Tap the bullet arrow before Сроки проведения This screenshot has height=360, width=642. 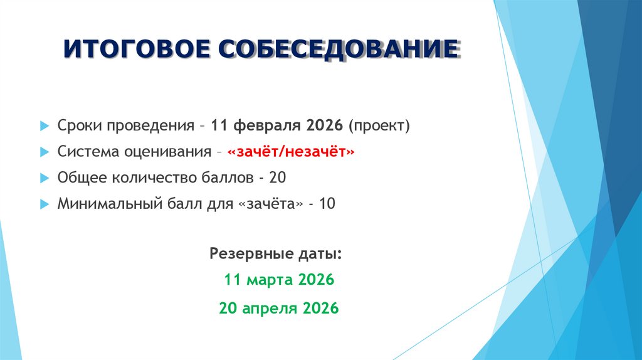pyautogui.click(x=43, y=126)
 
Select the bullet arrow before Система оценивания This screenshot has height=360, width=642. pyautogui.click(x=43, y=152)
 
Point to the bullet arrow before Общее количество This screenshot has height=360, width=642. pyautogui.click(x=43, y=178)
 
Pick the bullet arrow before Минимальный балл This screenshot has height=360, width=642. pyautogui.click(x=43, y=204)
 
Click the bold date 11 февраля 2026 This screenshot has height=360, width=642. pyautogui.click(x=276, y=125)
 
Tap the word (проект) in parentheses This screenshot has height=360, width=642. pyautogui.click(x=380, y=126)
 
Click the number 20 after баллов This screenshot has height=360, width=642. pyautogui.click(x=277, y=178)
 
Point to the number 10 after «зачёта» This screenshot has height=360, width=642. pyautogui.click(x=327, y=204)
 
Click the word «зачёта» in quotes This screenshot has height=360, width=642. pyautogui.click(x=271, y=204)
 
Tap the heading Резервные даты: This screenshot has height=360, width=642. pyautogui.click(x=276, y=254)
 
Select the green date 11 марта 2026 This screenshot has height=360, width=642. pyautogui.click(x=279, y=280)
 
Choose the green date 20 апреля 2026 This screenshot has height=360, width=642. pyautogui.click(x=279, y=308)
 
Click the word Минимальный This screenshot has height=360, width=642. pyautogui.click(x=98, y=204)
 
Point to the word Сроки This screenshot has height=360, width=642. pyautogui.click(x=79, y=126)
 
